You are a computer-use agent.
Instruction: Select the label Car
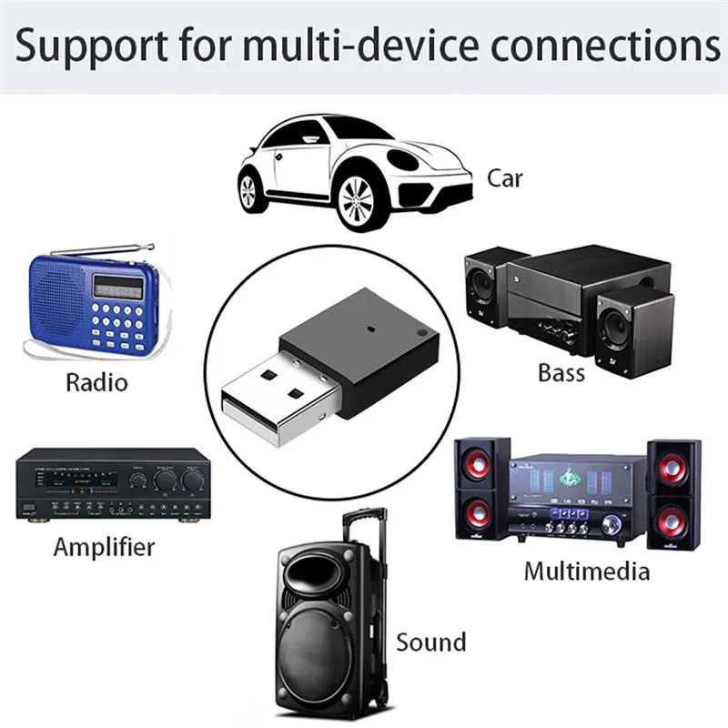[505, 177]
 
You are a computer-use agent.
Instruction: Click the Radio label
[96, 381]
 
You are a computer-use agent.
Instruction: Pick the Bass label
[561, 372]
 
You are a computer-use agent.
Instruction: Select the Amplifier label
[104, 547]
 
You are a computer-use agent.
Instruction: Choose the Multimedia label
[587, 571]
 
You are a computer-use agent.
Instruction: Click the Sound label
[430, 642]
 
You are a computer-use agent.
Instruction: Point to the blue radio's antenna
[91, 249]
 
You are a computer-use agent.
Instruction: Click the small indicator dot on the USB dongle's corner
[420, 335]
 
